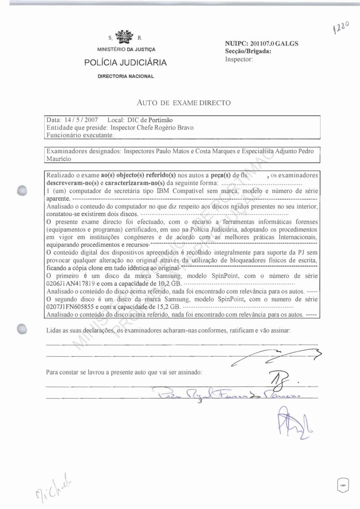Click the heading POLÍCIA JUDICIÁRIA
(125, 62)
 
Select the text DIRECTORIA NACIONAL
(125, 76)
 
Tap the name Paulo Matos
(175, 151)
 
